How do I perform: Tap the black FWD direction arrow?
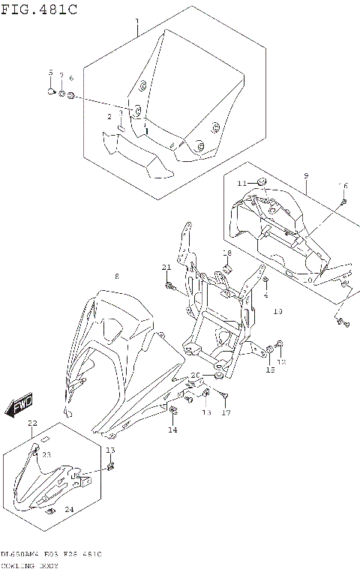[18, 406]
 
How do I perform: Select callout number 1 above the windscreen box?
[136, 22]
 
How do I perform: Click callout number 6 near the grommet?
[71, 78]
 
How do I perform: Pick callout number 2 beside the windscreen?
[109, 117]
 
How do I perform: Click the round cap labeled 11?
[262, 183]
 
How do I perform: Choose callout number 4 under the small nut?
[265, 295]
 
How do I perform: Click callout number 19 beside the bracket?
[277, 310]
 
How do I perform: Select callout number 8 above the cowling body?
[116, 277]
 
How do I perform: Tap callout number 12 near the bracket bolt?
[282, 361]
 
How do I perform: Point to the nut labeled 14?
[173, 410]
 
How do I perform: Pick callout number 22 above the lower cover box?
[31, 424]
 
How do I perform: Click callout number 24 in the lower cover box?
[68, 509]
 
